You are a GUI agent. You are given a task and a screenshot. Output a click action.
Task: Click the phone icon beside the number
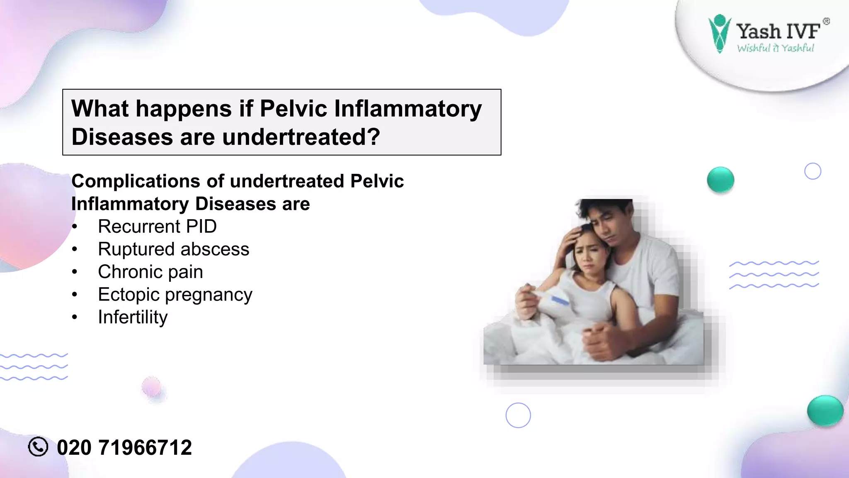pos(38,447)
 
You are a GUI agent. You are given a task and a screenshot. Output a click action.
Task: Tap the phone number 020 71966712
pos(124,448)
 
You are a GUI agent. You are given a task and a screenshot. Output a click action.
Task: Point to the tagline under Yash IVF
pos(775,48)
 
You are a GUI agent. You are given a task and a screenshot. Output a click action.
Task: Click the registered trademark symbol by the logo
pos(826,22)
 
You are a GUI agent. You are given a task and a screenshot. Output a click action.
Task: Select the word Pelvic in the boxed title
pos(294,109)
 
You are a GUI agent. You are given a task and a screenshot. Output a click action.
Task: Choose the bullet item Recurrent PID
pos(157,227)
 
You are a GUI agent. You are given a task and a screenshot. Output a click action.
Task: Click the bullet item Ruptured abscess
pos(173,249)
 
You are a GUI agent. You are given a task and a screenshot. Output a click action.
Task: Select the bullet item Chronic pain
pos(150,272)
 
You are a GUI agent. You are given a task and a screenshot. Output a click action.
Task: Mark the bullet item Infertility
pos(133,317)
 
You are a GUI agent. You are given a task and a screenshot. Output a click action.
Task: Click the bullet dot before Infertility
pos(75,317)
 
